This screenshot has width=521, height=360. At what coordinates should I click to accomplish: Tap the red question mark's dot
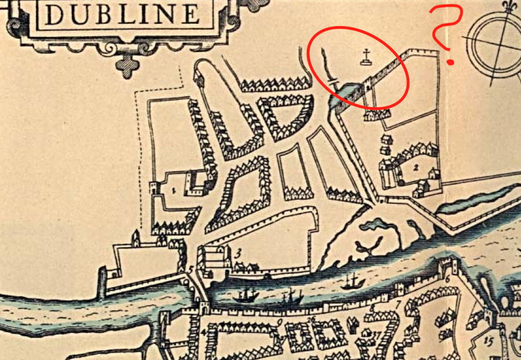tap(451, 60)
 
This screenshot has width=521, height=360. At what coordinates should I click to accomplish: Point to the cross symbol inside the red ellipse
tap(366, 57)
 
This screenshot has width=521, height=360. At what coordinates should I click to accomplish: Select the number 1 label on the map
tap(173, 189)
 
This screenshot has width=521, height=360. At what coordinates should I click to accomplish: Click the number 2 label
tap(416, 168)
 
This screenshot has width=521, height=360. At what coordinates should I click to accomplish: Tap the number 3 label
tap(239, 252)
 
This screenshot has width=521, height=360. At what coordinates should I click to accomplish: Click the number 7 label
tap(398, 302)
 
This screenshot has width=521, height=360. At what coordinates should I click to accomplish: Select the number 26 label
tap(312, 319)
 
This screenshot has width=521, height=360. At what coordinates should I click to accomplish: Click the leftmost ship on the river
tap(247, 295)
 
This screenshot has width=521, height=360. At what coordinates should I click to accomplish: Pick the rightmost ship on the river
tap(351, 282)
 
